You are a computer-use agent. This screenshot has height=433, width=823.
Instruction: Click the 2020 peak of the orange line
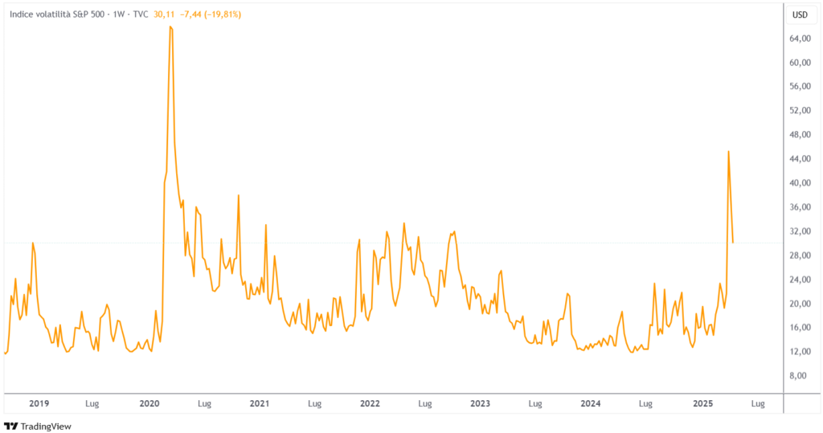pyautogui.click(x=170, y=27)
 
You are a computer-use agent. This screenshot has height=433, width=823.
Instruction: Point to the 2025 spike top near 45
pyautogui.click(x=728, y=151)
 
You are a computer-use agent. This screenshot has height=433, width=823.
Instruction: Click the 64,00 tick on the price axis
pyautogui.click(x=799, y=39)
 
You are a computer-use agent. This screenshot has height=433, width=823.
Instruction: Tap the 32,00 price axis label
pyautogui.click(x=799, y=231)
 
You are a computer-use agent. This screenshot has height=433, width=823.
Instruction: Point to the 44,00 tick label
pyautogui.click(x=799, y=159)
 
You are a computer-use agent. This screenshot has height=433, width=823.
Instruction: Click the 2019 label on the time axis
pyautogui.click(x=39, y=403)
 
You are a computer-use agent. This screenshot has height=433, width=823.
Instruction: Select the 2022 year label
pyautogui.click(x=370, y=403)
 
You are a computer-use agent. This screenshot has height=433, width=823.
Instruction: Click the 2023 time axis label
pyautogui.click(x=480, y=403)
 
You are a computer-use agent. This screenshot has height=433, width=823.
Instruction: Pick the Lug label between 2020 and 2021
pyautogui.click(x=204, y=403)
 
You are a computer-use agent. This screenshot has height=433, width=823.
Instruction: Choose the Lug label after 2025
pyautogui.click(x=756, y=403)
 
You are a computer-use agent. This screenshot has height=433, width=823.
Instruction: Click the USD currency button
pyautogui.click(x=800, y=14)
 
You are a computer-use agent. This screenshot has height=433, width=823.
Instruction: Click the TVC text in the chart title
pyautogui.click(x=139, y=14)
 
